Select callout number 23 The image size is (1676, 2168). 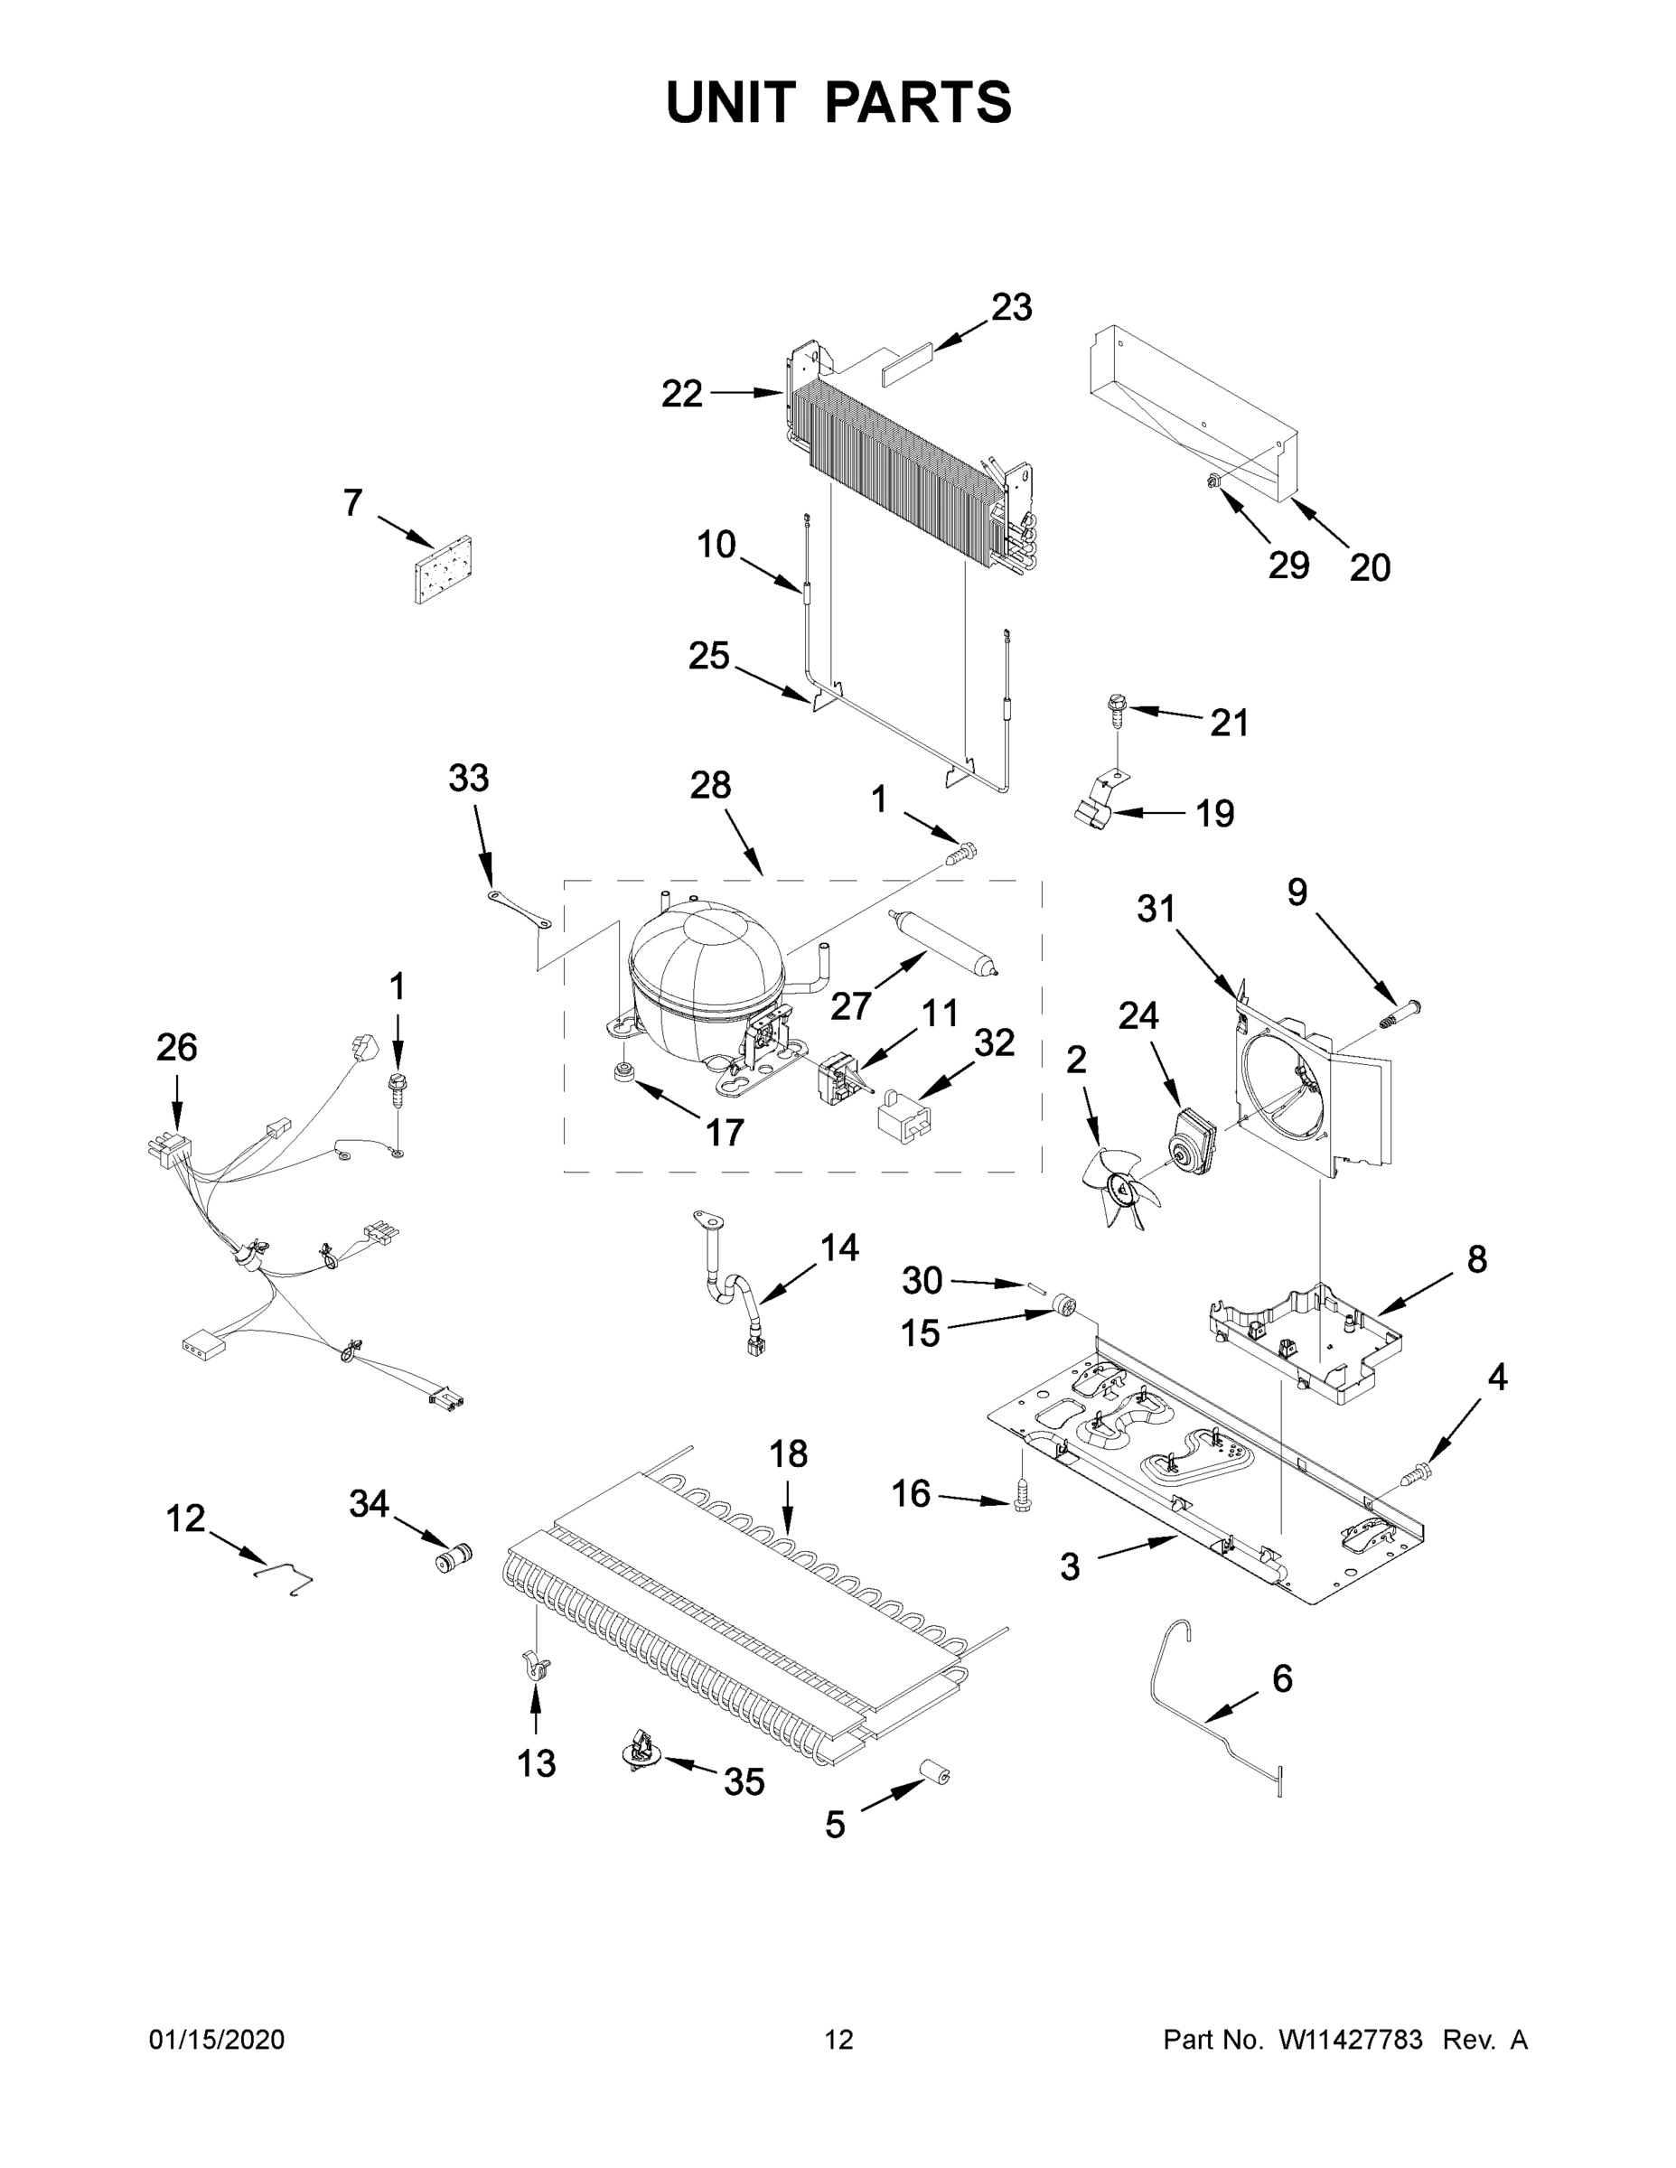(1011, 307)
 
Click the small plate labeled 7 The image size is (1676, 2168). (443, 571)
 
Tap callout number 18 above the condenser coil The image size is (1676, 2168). (789, 1454)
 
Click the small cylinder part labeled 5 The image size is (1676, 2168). (933, 1771)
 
